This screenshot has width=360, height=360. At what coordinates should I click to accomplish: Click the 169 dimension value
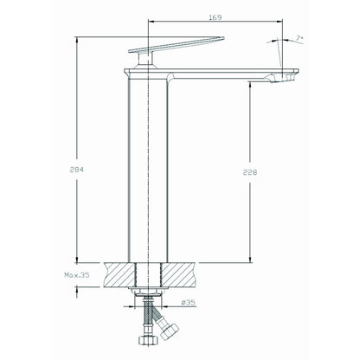click(x=215, y=17)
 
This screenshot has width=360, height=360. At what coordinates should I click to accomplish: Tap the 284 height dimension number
click(x=77, y=170)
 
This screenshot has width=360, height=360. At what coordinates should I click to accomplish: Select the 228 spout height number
click(x=250, y=172)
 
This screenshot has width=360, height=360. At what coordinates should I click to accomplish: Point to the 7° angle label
click(x=299, y=38)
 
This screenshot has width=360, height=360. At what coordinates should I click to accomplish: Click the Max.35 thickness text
click(x=77, y=275)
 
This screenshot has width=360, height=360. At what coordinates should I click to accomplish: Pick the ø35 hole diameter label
click(x=189, y=303)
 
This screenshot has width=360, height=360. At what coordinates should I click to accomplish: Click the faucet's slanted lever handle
click(x=176, y=45)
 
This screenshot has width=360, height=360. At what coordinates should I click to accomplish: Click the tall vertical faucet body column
click(x=148, y=170)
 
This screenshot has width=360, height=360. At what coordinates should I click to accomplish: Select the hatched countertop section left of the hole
click(x=119, y=275)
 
